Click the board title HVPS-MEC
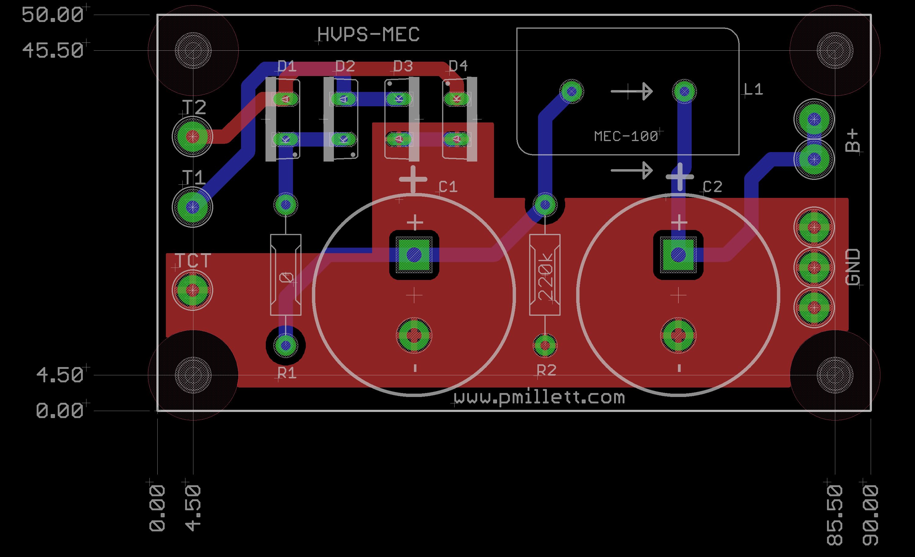click(x=368, y=35)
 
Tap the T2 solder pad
click(x=192, y=137)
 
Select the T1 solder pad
click(x=192, y=206)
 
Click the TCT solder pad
click(x=192, y=290)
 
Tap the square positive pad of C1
click(x=414, y=255)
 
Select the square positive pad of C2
click(x=678, y=255)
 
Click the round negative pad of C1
click(x=414, y=336)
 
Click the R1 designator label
click(x=287, y=373)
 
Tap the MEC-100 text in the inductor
click(x=626, y=137)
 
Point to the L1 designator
click(x=753, y=89)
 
